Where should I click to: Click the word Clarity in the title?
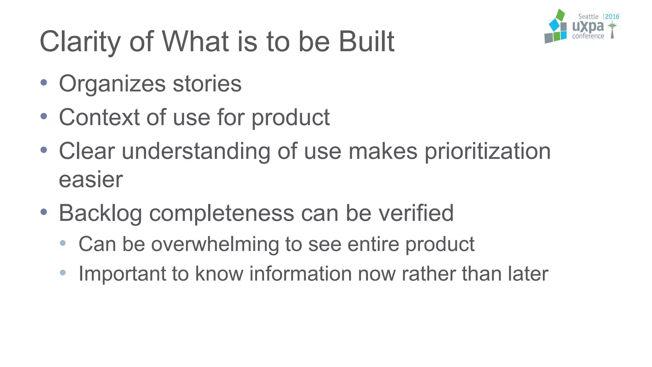(x=80, y=42)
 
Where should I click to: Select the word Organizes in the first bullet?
(x=112, y=84)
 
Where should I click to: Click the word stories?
(x=207, y=84)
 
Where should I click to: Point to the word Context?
(x=99, y=117)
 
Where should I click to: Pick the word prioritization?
(x=487, y=152)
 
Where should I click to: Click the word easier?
(x=91, y=179)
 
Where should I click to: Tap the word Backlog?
(x=100, y=213)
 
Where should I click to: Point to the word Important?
(x=122, y=274)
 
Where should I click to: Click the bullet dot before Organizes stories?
(x=44, y=83)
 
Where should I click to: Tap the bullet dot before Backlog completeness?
(x=44, y=212)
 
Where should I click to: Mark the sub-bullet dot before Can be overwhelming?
(x=63, y=243)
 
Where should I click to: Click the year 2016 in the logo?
(x=612, y=17)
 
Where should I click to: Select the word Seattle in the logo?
(x=588, y=17)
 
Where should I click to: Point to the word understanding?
(x=196, y=152)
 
